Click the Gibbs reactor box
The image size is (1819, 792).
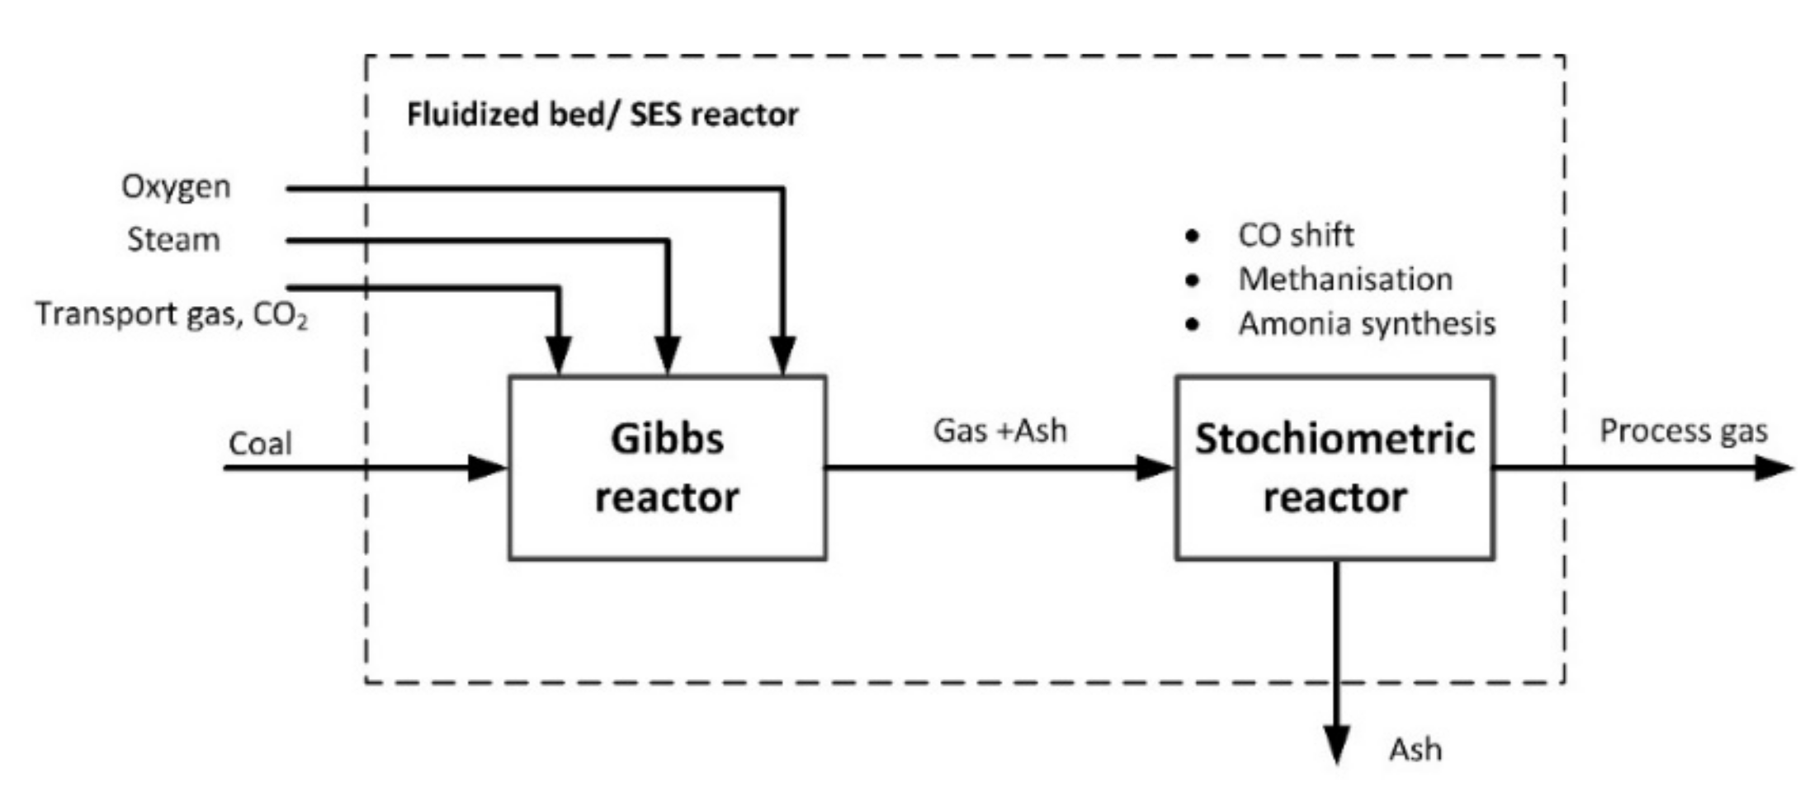[x=667, y=468]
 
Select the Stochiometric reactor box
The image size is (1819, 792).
[x=1335, y=468]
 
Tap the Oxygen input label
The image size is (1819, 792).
[x=176, y=186]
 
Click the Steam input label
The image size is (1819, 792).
[x=173, y=239]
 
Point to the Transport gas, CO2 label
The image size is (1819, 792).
[x=171, y=315]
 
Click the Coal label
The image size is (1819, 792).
[x=260, y=444]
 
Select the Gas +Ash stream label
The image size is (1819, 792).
[x=999, y=431]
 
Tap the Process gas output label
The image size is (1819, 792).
[x=1683, y=431]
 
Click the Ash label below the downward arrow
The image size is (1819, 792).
[x=1415, y=749]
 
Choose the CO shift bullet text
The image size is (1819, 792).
[x=1295, y=235]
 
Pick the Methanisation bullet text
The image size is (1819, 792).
[x=1344, y=279]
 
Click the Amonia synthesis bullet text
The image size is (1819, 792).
[x=1366, y=323]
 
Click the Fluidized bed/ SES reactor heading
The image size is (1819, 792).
[x=602, y=114]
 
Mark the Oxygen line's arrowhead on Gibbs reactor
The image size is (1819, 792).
[x=782, y=356]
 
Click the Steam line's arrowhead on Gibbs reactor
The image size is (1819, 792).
[x=668, y=356]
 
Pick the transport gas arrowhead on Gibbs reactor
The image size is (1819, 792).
[x=559, y=356]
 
